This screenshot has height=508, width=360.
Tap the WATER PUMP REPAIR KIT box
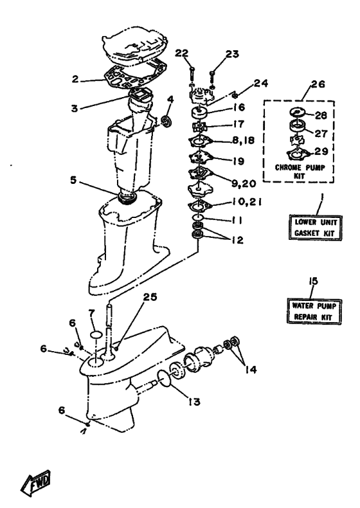pyautogui.click(x=313, y=311)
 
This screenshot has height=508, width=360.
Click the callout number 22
pyautogui.click(x=182, y=53)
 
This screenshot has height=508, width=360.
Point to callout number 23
pyautogui.click(x=232, y=54)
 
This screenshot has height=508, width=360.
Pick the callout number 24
pyautogui.click(x=261, y=83)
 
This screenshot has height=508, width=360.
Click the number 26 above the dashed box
pyautogui.click(x=318, y=84)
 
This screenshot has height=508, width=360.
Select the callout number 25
pyautogui.click(x=150, y=297)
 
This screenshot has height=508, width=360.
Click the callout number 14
pyautogui.click(x=250, y=369)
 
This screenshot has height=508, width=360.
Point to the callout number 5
pyautogui.click(x=73, y=180)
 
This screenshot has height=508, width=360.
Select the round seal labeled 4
pyautogui.click(x=167, y=122)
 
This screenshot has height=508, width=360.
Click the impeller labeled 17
pyautogui.click(x=197, y=127)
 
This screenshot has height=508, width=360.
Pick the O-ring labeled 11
pyautogui.click(x=197, y=217)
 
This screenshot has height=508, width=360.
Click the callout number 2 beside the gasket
pyautogui.click(x=75, y=78)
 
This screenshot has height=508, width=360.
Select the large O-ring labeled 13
pyautogui.click(x=165, y=379)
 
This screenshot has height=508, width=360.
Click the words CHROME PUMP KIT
pyautogui.click(x=300, y=172)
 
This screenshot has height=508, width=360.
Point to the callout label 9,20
pyautogui.click(x=244, y=183)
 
